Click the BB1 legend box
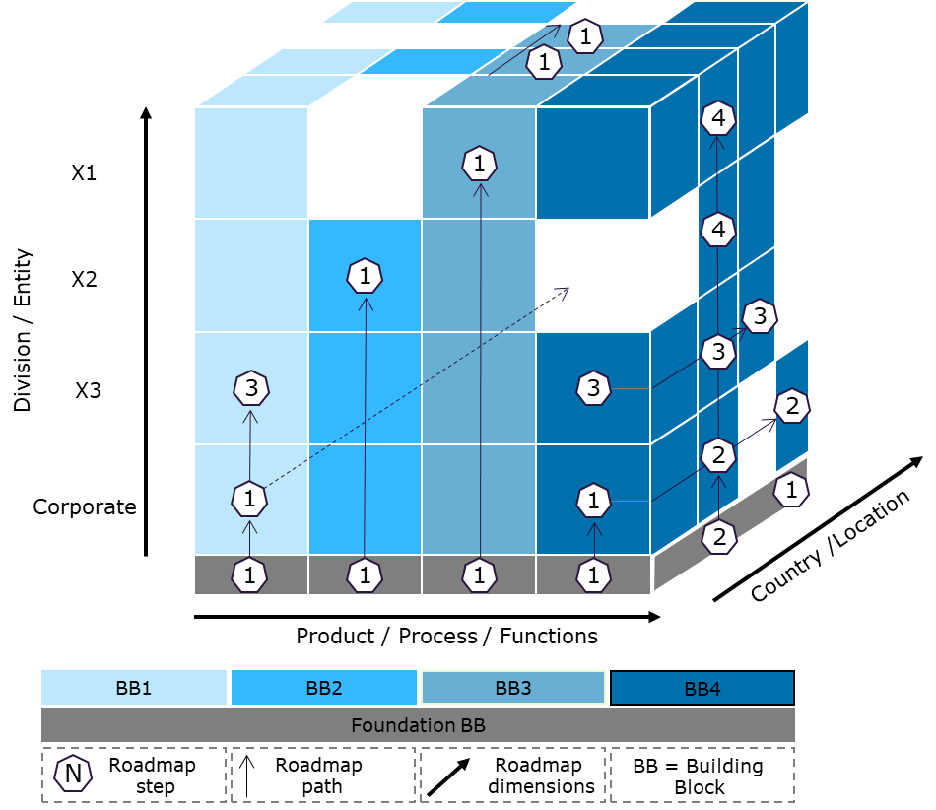tap(134, 688)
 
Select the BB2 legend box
tap(324, 688)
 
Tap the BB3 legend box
tap(512, 688)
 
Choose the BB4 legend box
tap(702, 688)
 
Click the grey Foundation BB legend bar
tap(418, 725)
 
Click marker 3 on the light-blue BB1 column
tap(251, 388)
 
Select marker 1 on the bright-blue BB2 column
tap(365, 276)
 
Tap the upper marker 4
tap(718, 119)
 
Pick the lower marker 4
tap(718, 231)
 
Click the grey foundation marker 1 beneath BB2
tap(365, 574)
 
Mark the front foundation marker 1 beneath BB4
tap(593, 574)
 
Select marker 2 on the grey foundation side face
tap(719, 537)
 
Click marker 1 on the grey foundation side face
tap(792, 490)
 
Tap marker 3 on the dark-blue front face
tap(593, 388)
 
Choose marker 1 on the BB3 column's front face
tap(479, 164)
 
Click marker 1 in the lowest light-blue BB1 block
tap(249, 499)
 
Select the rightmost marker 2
tap(791, 405)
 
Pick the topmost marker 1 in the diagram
tap(585, 37)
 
